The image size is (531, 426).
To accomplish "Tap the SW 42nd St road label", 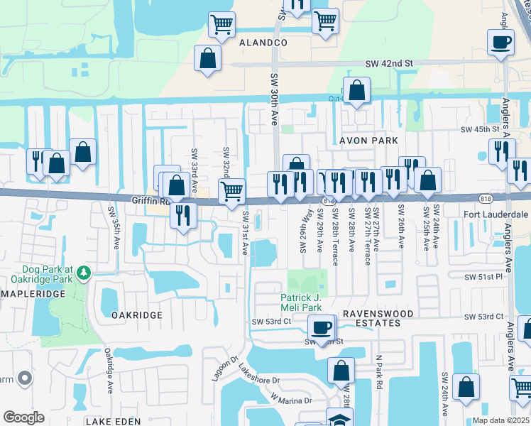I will click(x=389, y=63).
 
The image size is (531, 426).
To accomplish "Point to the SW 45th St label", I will click(x=481, y=129).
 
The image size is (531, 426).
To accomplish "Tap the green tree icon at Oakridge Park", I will click(x=84, y=273).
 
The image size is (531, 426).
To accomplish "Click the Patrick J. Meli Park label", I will click(x=306, y=302).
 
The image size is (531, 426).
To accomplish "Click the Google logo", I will click(x=23, y=417).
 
